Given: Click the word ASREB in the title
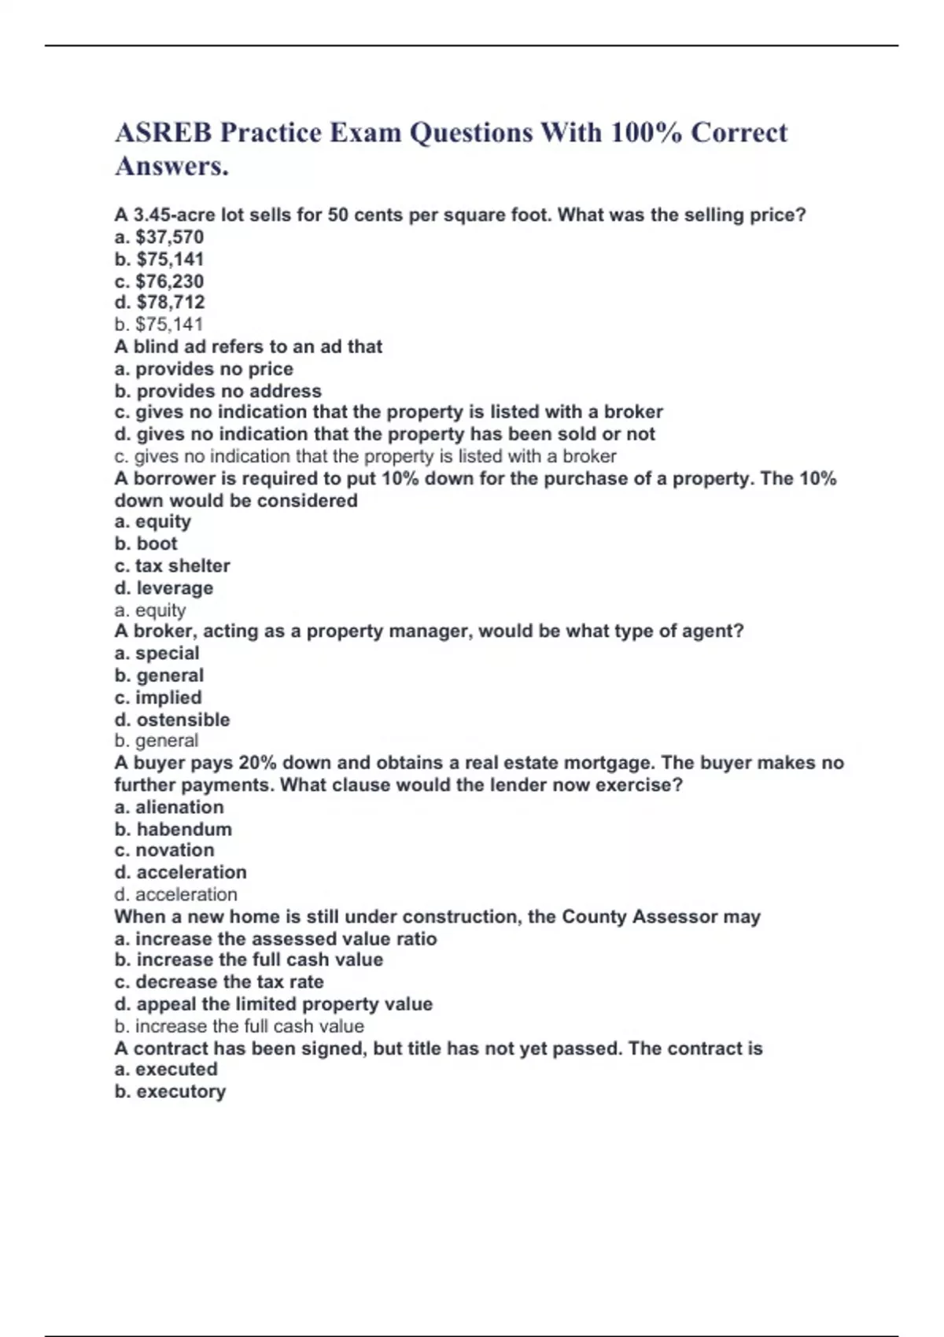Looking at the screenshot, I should tap(163, 133).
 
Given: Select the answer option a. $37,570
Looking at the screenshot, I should tap(159, 238).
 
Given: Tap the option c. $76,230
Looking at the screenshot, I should tap(159, 282).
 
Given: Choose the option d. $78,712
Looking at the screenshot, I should tap(160, 303).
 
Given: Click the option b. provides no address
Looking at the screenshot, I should tap(218, 391).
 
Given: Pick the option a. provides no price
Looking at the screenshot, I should tap(204, 369).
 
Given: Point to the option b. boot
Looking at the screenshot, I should tap(146, 543).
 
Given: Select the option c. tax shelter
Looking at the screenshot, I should tap(172, 565).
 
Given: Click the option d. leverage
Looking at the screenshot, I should tap(164, 587).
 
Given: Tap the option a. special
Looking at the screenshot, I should tap(157, 654).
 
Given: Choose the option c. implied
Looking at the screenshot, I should tap(158, 698).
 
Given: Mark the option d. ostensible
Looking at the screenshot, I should tap(172, 720).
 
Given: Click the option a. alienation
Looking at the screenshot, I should tap(169, 807).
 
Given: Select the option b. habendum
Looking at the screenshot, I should tap(173, 829).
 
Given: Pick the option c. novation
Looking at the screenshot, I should tap(164, 850).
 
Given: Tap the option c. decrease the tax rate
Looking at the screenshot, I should tap(219, 982).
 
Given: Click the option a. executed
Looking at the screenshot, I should tap(166, 1070).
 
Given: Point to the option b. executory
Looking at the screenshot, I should tap(170, 1092).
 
